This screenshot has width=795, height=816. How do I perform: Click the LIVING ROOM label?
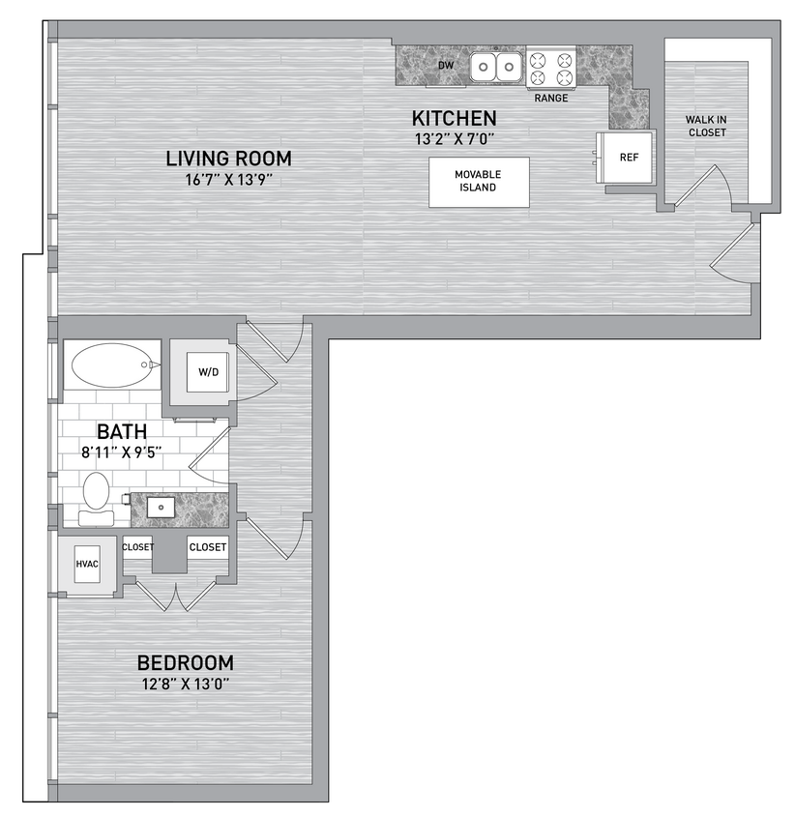point(228,159)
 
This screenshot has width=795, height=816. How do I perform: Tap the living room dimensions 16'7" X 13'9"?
point(228,179)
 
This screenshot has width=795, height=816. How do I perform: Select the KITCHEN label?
point(454,118)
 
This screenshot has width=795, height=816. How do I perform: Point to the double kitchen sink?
point(496,67)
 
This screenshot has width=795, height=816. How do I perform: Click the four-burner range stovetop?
point(550,69)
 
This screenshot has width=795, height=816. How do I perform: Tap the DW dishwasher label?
point(446,66)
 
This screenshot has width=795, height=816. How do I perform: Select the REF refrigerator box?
point(628,158)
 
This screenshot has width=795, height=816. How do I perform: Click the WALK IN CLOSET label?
point(706,126)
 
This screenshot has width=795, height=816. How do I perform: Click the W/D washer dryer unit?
point(208,371)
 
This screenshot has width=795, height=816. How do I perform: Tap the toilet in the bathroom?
point(96,495)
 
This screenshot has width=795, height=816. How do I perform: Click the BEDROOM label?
point(185,663)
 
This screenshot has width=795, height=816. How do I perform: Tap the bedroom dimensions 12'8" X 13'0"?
point(185,685)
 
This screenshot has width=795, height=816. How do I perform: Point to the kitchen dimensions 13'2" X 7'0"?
point(454,137)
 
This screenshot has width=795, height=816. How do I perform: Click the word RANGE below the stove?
point(551,98)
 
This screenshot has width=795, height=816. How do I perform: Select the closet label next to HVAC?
point(137,547)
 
